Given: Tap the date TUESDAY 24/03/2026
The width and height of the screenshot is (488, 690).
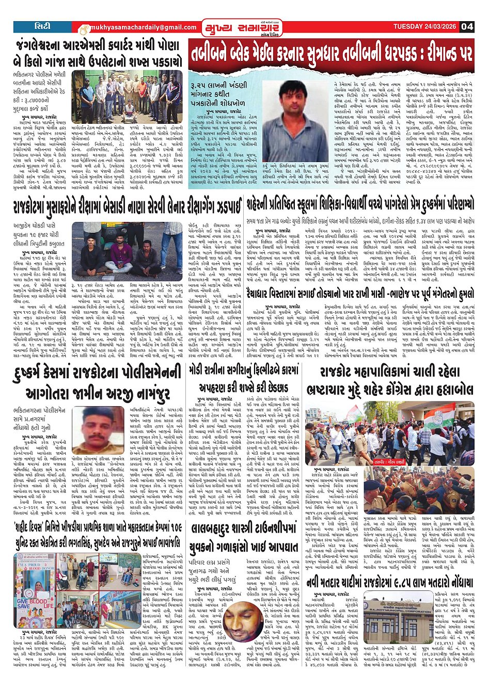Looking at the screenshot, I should point(425,27).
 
